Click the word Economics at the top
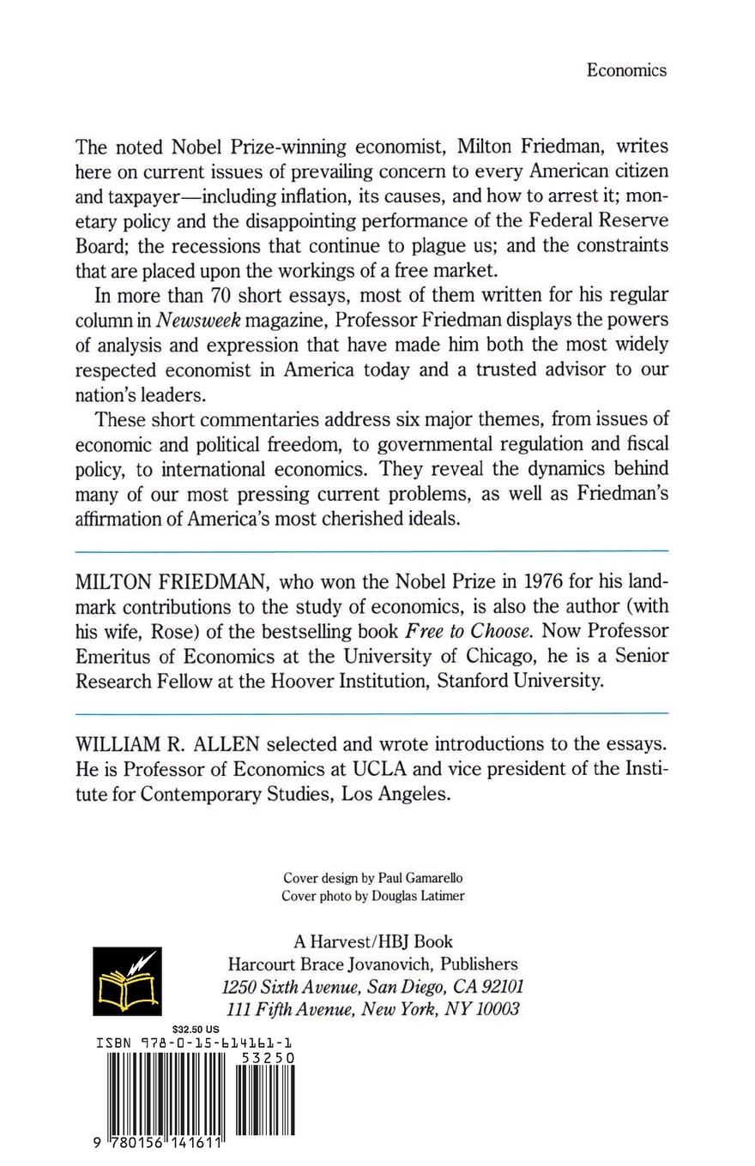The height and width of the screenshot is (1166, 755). click(626, 71)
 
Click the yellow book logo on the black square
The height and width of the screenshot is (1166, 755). click(127, 982)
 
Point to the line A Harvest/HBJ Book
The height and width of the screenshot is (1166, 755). click(373, 941)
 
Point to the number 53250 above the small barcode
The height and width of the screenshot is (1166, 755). click(268, 1059)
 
